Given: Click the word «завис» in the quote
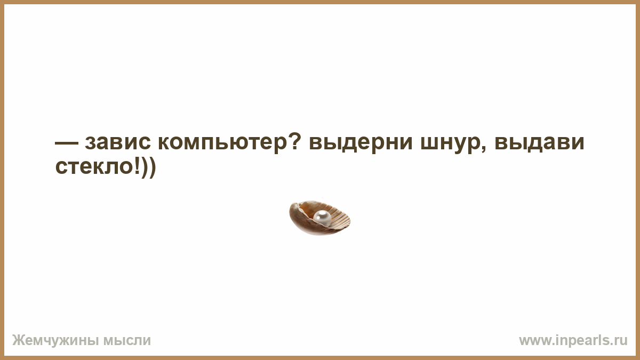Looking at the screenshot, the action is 118,142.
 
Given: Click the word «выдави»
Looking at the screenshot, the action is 539,142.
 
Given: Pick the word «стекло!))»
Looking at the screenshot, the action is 106,167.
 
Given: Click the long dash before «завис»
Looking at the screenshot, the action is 66,142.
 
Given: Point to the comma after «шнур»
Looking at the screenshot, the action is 483,149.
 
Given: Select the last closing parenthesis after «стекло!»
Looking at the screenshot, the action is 153,167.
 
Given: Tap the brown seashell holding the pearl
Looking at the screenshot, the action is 319,218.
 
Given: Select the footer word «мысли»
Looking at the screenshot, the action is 127,341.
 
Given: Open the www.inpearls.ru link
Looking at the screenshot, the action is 573,341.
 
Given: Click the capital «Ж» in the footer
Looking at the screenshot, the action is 18,340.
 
